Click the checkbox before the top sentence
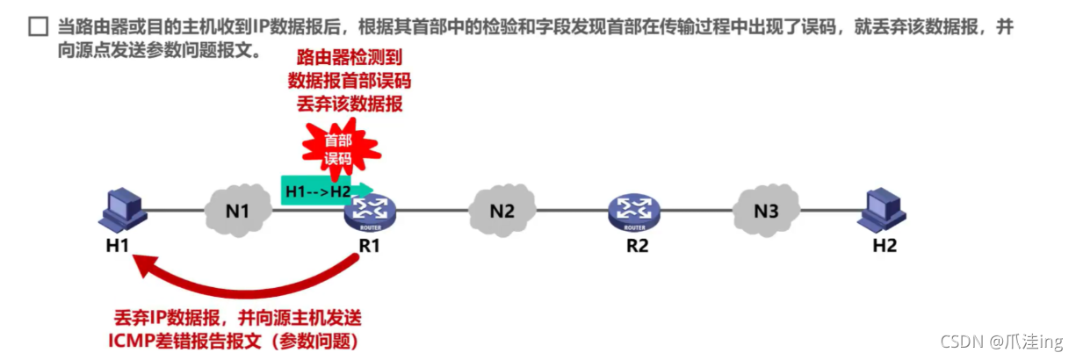37,27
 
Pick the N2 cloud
502,211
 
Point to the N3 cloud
767,211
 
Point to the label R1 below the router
370,246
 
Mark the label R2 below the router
637,246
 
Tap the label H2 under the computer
885,246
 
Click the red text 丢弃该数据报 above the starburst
349,104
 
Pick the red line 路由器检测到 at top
349,59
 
